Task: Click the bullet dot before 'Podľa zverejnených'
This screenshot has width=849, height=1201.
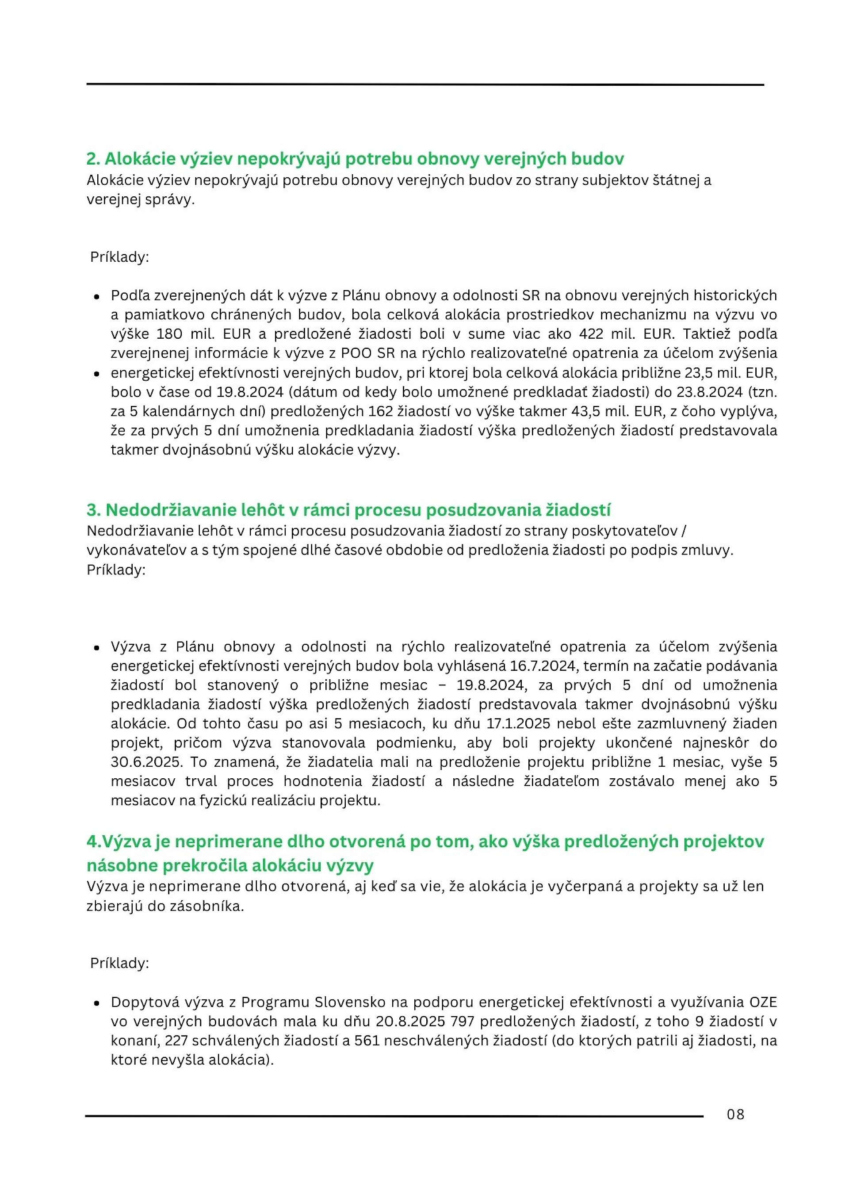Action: click(97, 296)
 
